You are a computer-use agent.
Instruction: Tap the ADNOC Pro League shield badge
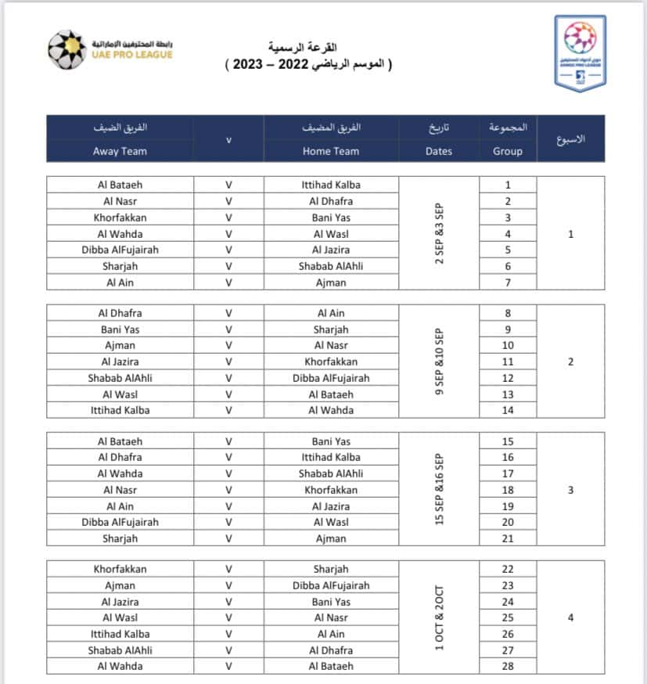tap(580, 52)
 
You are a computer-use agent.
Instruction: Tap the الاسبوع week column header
tap(570, 139)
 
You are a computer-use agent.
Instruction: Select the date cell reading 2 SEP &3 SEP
tap(439, 233)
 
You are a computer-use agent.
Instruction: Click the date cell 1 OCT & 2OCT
tap(439, 617)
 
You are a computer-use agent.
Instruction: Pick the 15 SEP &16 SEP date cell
tap(439, 489)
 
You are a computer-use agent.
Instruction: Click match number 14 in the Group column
tap(508, 410)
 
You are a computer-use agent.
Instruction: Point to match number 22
tap(508, 569)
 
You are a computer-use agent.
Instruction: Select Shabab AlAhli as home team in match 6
tap(331, 266)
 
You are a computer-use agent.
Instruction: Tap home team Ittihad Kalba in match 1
tap(331, 185)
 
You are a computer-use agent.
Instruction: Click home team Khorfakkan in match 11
tap(331, 362)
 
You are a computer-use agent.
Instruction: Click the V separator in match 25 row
tap(228, 617)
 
